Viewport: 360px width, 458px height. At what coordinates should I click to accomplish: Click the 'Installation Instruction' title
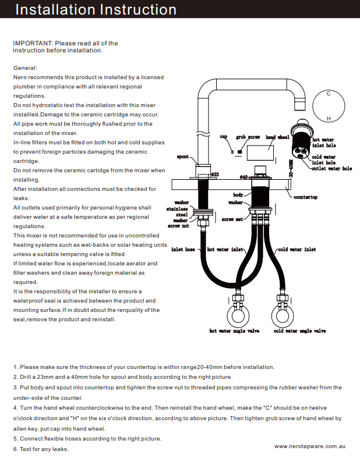point(96,10)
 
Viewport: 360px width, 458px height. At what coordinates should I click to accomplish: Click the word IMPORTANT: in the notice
point(33,43)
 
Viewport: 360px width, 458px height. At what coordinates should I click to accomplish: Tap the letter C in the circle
point(329,93)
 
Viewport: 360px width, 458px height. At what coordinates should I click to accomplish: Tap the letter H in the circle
point(329,119)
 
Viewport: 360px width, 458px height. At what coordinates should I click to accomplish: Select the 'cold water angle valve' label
point(299,331)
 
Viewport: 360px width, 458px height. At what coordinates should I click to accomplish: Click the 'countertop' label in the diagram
point(305,197)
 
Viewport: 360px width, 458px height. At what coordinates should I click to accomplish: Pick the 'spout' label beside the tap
point(182,157)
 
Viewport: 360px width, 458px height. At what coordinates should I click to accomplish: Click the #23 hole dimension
point(214,174)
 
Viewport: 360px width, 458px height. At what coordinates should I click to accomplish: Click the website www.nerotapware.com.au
point(310,445)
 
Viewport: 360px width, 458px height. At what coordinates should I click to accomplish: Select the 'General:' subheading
point(25,68)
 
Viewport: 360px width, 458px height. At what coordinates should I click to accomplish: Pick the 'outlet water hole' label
point(331,169)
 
